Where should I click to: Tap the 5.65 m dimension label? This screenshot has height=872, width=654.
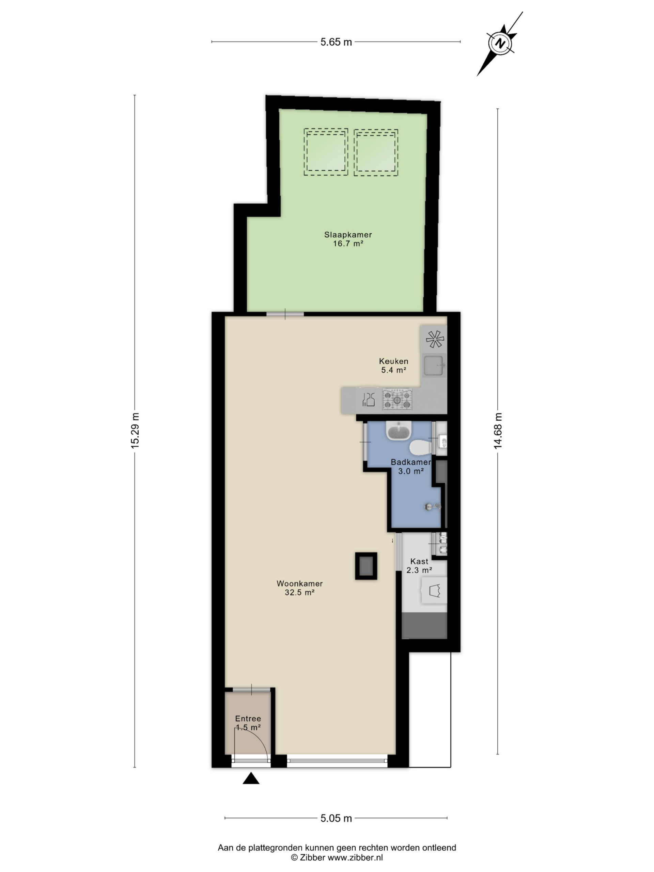point(336,42)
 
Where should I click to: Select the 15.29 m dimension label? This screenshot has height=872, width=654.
point(135,431)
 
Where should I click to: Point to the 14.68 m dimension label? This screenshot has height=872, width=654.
point(498,431)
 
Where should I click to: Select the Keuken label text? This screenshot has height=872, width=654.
point(393,361)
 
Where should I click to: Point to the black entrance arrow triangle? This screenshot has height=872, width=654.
point(251,779)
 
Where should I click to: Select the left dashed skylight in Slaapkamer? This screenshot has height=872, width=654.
point(326,152)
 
